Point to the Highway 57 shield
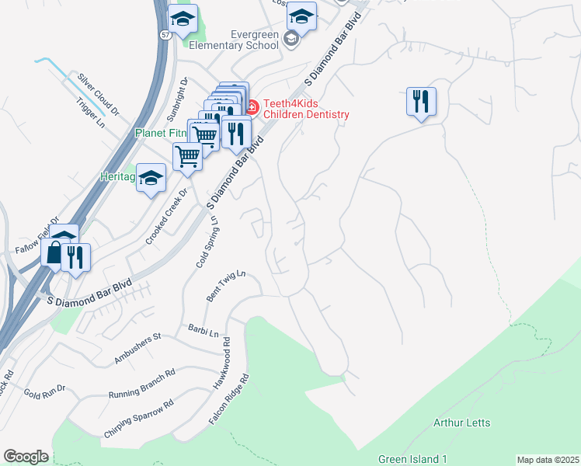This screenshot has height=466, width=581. tap(166, 36)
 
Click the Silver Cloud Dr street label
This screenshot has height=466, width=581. tap(98, 95)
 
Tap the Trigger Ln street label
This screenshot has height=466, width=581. tap(90, 113)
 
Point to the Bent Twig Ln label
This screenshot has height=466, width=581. tap(226, 286)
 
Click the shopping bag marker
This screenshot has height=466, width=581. tap(54, 252)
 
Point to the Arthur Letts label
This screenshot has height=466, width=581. tap(461, 423)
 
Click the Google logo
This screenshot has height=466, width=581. tap(26, 457)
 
